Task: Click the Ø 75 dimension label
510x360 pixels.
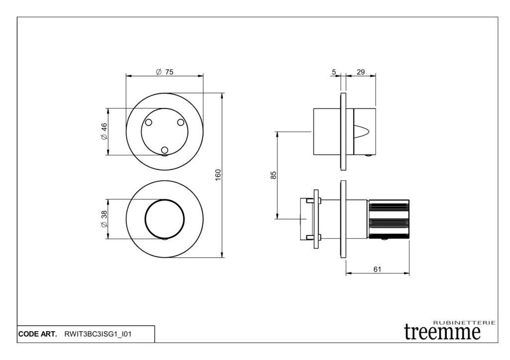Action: [164, 72]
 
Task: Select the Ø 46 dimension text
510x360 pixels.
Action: [104, 131]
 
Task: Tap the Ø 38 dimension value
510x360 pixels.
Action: [104, 219]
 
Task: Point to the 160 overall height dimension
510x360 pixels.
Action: [218, 175]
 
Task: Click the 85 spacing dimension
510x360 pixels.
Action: [273, 175]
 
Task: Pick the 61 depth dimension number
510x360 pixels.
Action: [378, 269]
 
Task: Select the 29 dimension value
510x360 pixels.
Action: [361, 72]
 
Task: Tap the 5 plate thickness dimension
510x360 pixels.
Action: [334, 72]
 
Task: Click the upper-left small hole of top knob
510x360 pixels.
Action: [148, 122]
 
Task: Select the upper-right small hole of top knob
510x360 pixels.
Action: [180, 122]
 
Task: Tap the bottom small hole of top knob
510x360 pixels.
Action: [164, 150]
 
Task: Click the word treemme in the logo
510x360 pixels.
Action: [442, 332]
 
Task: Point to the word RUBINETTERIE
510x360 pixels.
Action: [465, 323]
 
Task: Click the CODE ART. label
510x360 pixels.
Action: [37, 334]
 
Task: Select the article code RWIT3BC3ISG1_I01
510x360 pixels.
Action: [98, 334]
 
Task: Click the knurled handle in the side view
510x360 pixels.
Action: [388, 219]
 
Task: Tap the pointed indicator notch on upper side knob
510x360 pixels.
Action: [362, 131]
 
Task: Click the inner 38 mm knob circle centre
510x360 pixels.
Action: [164, 219]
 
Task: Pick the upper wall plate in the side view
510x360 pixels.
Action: [343, 131]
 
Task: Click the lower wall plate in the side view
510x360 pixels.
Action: [343, 219]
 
